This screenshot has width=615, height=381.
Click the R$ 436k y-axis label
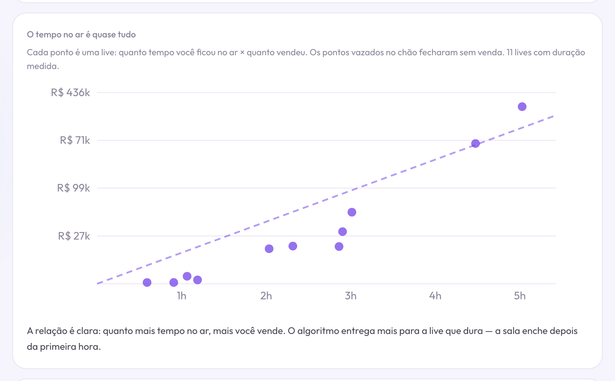[70, 93]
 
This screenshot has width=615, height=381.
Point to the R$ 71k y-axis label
[75, 140]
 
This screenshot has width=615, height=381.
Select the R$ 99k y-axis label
[73, 188]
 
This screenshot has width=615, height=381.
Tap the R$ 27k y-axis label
[74, 236]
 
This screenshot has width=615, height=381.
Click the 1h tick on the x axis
[182, 296]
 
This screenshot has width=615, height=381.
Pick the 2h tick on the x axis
[266, 296]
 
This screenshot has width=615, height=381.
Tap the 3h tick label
[351, 296]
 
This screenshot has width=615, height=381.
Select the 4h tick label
[435, 296]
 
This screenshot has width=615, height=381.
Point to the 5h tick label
[520, 296]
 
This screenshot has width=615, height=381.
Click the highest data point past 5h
[522, 107]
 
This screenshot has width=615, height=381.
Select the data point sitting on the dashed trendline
[475, 143]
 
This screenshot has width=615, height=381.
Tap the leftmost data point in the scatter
[147, 282]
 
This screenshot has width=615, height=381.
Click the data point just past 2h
[269, 249]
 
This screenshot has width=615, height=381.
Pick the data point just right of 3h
[352, 212]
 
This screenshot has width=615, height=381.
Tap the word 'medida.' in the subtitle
[43, 66]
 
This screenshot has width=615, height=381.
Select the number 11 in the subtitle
[510, 53]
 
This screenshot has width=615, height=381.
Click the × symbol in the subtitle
[242, 53]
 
